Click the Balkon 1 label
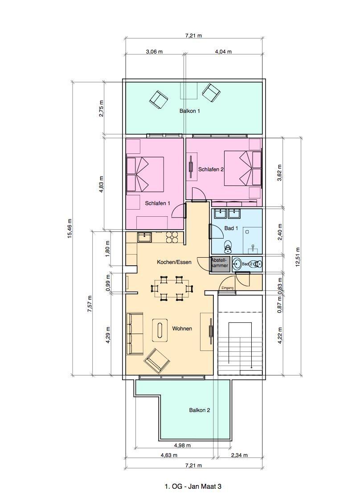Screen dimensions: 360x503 pos(189,111)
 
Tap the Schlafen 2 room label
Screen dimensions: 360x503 pos(211,169)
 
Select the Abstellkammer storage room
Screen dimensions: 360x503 pos(220,264)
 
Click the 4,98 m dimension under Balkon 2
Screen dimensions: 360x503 pos(182,445)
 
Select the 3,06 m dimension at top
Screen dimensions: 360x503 pos(154,51)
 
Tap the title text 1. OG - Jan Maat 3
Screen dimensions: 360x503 pos(193,487)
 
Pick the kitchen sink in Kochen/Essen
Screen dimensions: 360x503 pos(144,237)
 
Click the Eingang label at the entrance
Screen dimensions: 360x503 pos(227,288)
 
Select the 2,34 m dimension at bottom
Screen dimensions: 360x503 pos(239,455)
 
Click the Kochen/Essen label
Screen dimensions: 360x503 pos(174,262)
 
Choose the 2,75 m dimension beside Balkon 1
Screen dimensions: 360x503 pos(101,108)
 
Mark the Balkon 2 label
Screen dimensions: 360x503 pos(200,410)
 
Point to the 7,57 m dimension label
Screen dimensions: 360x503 pos(90,304)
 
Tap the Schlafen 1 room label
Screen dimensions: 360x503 pos(157,203)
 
